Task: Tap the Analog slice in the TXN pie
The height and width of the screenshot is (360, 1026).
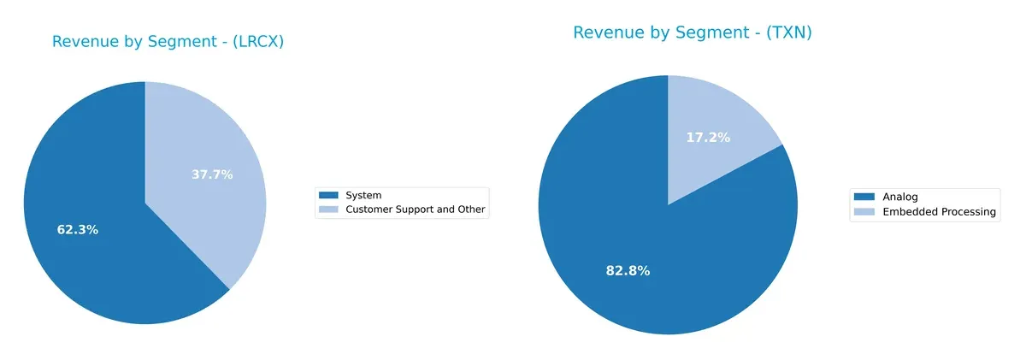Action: [616, 257]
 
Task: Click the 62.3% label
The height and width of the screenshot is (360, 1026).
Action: [77, 230]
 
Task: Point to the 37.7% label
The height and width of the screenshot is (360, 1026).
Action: [211, 174]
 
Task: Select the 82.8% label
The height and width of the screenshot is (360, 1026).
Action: [628, 271]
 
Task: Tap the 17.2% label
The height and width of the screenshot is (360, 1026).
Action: [708, 137]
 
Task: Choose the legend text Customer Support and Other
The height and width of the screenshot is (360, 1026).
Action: [414, 210]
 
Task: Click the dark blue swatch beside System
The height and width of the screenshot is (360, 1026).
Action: [329, 196]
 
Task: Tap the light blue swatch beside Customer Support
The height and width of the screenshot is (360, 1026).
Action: [329, 210]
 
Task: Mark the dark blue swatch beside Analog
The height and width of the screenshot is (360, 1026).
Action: [864, 197]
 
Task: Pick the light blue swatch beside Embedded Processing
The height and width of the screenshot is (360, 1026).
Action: [864, 212]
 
